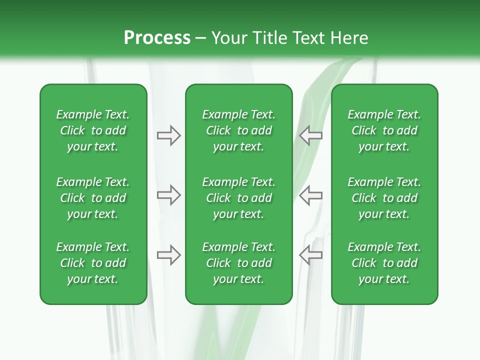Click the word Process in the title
(157, 38)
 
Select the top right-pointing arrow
(168, 135)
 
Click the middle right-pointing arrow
(168, 195)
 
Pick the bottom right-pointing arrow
(168, 255)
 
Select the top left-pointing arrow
(310, 135)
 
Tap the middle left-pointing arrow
(310, 195)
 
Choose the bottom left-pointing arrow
(310, 255)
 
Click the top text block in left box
(93, 130)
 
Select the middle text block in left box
(93, 198)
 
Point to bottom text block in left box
(93, 263)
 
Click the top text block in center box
(238, 130)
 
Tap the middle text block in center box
(238, 198)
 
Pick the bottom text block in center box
(238, 263)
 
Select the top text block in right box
(384, 130)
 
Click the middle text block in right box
(384, 198)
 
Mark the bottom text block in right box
(384, 263)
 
